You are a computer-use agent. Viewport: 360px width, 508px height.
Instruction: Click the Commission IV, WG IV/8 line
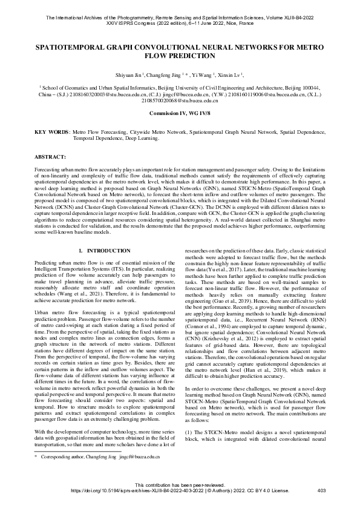pyautogui.click(x=180, y=113)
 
